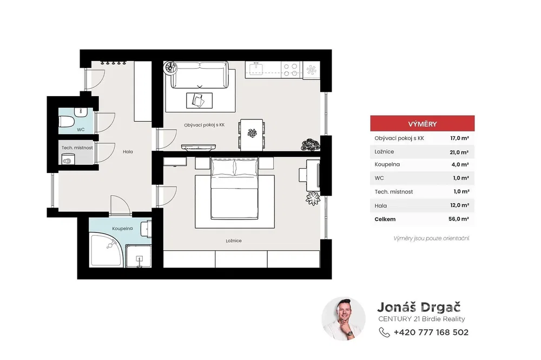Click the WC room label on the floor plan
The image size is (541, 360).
[x=81, y=130]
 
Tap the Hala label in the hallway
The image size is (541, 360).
[x=128, y=151]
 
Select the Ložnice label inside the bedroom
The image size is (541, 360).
[x=234, y=241]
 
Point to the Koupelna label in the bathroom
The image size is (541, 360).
[x=122, y=228]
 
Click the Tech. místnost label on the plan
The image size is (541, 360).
[x=77, y=148]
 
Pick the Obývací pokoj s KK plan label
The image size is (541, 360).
[x=204, y=125]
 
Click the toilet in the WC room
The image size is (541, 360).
[x=67, y=122]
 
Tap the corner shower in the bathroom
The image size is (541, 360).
[x=105, y=250]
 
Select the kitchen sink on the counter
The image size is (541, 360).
[x=256, y=69]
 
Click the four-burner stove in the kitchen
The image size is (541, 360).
[x=290, y=70]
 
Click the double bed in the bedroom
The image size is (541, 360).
[x=235, y=188]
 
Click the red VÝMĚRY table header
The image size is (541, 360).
[x=423, y=123]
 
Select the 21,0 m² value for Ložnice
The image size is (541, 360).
[x=459, y=152]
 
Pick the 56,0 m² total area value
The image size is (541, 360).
[x=459, y=218]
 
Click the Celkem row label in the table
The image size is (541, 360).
[x=385, y=219]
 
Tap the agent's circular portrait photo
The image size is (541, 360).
[x=344, y=318]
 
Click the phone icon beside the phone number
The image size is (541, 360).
[x=384, y=332]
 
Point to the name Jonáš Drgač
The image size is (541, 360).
[x=419, y=307]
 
